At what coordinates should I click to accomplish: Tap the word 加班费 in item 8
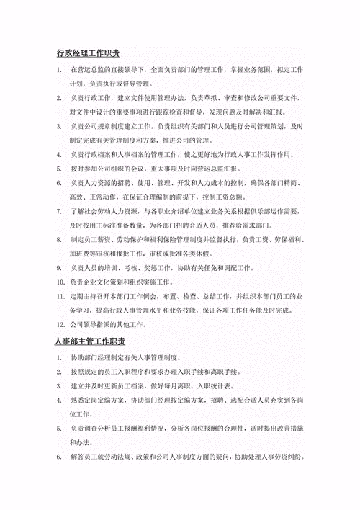pos(81,254)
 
